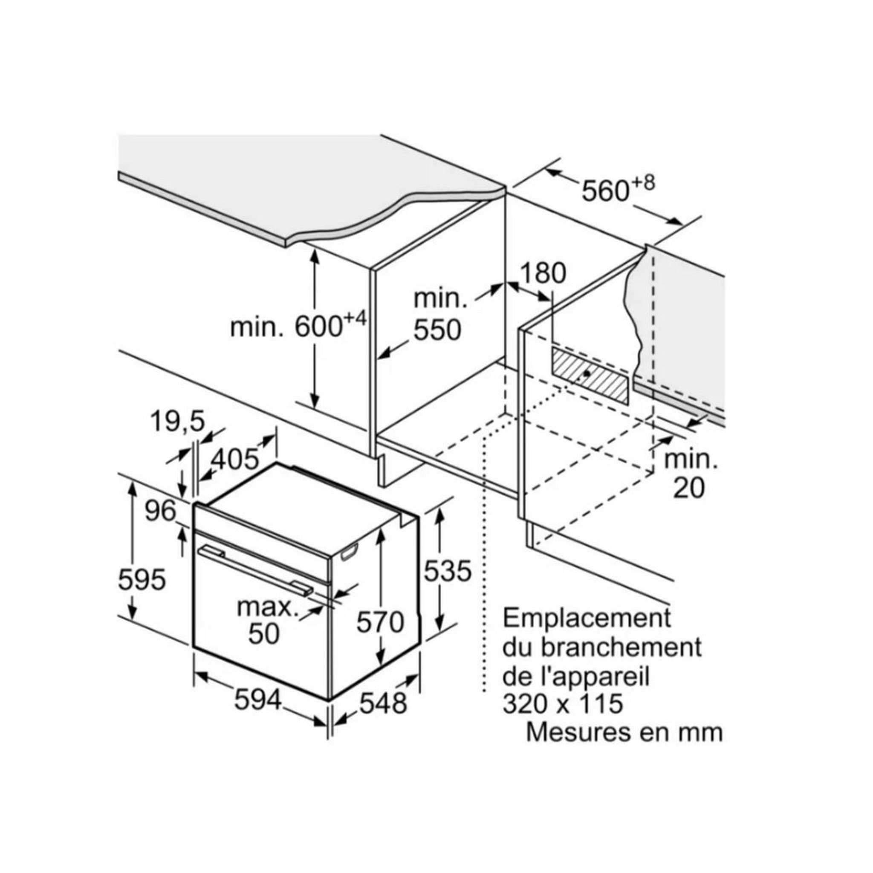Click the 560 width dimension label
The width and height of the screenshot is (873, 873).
[604, 191]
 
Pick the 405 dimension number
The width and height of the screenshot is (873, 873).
[235, 460]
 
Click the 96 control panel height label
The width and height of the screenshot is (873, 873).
[160, 511]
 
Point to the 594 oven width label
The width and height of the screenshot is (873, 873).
[258, 701]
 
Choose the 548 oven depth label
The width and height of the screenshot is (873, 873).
[383, 703]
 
